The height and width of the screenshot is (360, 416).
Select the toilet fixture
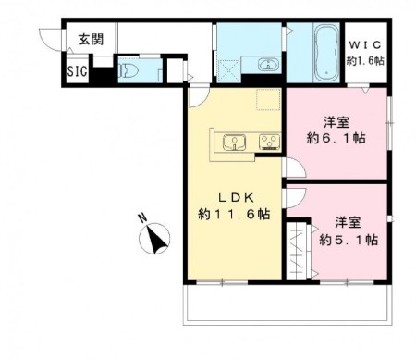click(129, 68)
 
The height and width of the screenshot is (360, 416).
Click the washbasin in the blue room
click(267, 66)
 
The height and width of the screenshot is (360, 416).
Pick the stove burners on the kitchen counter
click(269, 142)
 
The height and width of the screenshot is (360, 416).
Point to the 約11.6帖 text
click(234, 214)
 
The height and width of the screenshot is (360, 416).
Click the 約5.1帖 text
click(349, 240)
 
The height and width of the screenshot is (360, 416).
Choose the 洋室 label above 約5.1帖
click(349, 222)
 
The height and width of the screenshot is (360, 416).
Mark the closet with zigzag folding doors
click(298, 248)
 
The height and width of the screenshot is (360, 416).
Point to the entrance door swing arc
click(48, 37)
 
